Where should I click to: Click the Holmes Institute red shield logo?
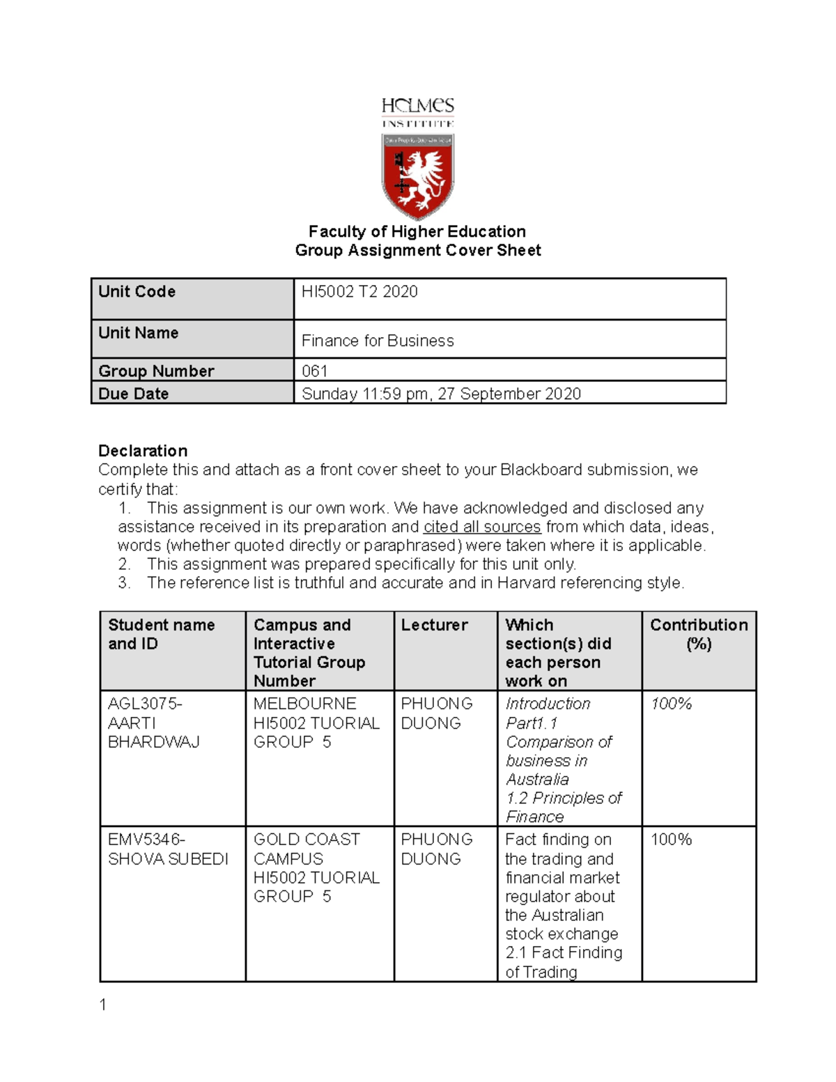417,176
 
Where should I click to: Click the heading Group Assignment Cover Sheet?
417,251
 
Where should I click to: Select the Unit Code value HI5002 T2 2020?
359,292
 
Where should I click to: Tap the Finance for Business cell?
378,341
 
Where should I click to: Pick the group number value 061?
314,371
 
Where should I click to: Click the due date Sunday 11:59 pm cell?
441,394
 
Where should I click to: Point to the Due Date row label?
134,394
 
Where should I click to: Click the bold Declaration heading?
143,451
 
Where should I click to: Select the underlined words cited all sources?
482,527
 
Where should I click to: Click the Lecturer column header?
434,625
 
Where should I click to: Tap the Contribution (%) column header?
699,634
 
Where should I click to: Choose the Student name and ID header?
161,634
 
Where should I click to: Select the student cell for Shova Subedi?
168,849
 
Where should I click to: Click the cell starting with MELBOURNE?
316,723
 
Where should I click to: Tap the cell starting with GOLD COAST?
316,867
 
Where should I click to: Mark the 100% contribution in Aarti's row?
671,704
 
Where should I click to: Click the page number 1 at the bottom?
103,1005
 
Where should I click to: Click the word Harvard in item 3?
527,583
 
